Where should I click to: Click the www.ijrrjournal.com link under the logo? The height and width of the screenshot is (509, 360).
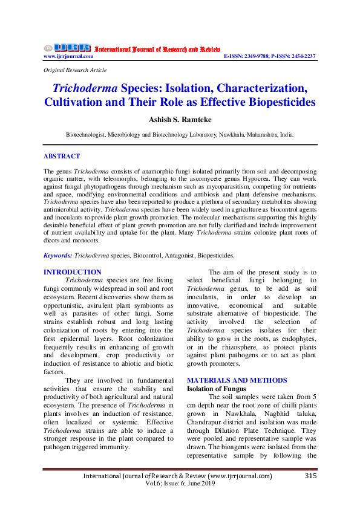coord(68,56)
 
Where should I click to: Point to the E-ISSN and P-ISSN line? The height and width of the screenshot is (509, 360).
coord(269,56)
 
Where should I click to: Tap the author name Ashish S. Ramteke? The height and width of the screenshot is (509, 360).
coord(180,120)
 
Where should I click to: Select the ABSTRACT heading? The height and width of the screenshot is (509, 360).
coord(62,156)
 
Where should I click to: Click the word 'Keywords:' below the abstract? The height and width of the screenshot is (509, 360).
coord(58,256)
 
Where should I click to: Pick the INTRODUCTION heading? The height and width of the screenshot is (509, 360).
coord(73,273)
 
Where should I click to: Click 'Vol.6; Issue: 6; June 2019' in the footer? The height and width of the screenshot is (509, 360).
coord(180,485)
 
